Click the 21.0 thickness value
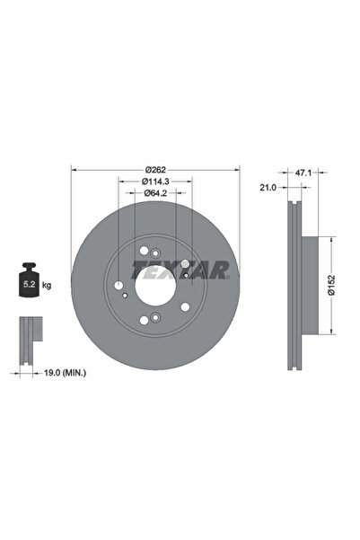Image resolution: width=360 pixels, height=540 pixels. pyautogui.click(x=267, y=189)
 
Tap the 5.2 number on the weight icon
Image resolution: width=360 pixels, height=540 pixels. pyautogui.click(x=29, y=285)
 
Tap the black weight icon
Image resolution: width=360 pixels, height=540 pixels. pyautogui.click(x=29, y=282)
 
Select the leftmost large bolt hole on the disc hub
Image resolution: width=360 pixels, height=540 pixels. pyautogui.click(x=119, y=287)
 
